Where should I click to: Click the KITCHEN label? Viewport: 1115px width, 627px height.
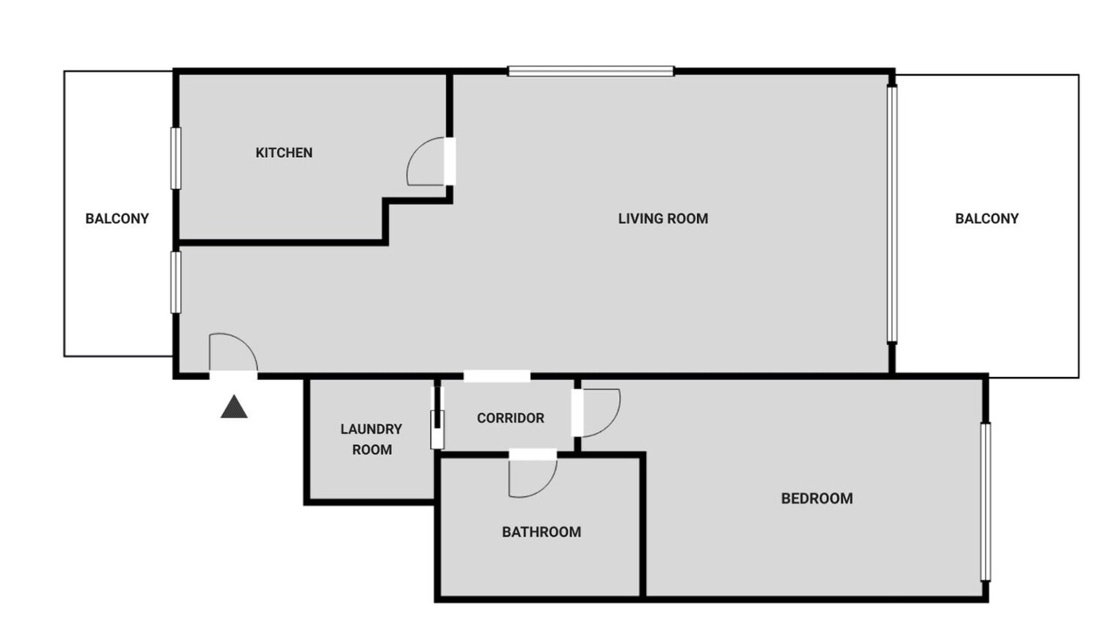[284, 152]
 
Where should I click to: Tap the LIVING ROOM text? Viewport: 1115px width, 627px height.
[663, 219]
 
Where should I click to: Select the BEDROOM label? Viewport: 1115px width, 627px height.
[817, 499]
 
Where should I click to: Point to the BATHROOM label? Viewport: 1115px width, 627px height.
[542, 532]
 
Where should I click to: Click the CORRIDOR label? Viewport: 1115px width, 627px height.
[510, 418]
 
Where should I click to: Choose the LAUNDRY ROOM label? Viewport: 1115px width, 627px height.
[371, 440]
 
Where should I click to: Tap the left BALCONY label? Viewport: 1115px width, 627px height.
[117, 219]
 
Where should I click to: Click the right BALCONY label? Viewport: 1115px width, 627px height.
[987, 219]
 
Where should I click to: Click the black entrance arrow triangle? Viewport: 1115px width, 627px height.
[234, 407]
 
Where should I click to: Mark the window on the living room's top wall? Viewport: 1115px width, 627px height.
[591, 71]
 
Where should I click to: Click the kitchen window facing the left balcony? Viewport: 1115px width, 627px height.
[176, 158]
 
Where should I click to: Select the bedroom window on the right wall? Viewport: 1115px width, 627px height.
[985, 502]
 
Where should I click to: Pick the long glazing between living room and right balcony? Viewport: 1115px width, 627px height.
[892, 214]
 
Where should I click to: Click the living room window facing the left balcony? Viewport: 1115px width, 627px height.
[176, 282]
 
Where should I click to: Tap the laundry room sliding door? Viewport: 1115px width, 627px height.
[437, 429]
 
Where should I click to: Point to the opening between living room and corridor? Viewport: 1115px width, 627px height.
[497, 376]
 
